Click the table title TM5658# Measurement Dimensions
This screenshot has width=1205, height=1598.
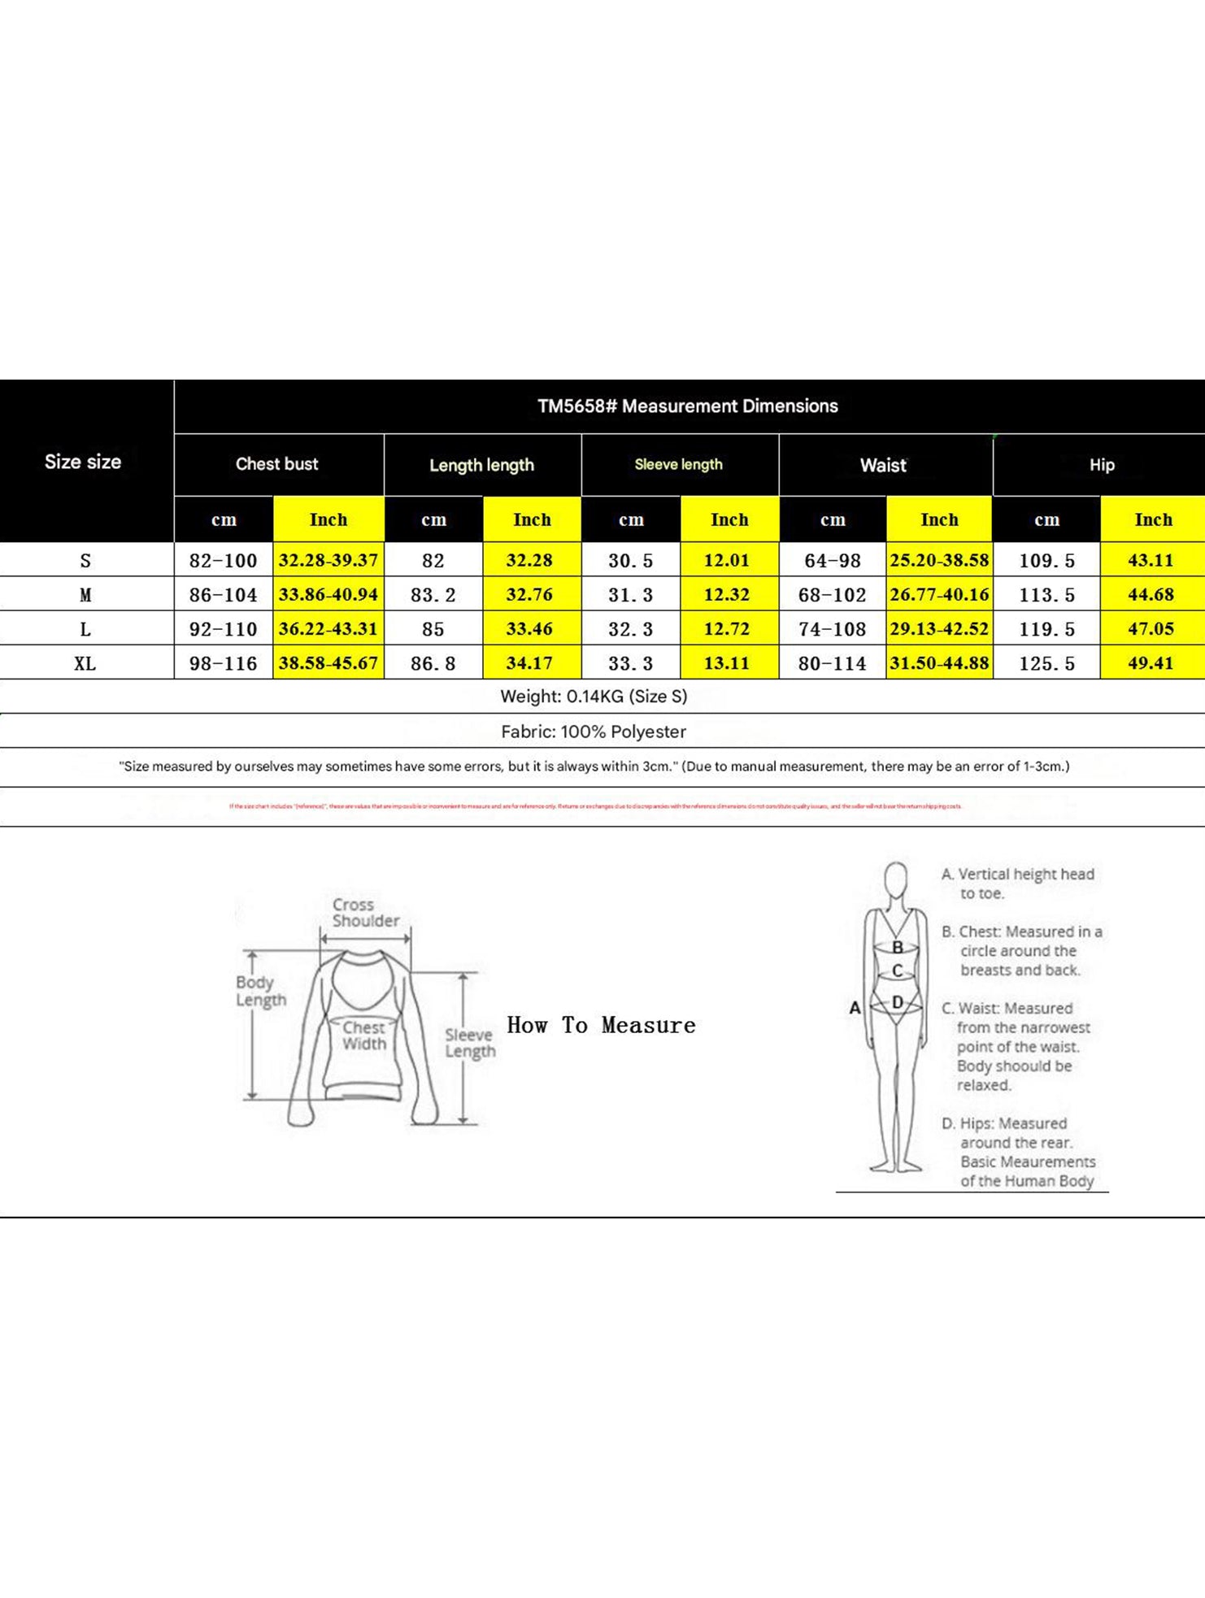[x=687, y=406]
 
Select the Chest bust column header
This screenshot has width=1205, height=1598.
[x=276, y=464]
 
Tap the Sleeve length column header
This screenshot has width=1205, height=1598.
[x=678, y=464]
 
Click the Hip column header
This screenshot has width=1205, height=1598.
[x=1102, y=465]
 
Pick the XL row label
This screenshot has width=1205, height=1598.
[x=85, y=663]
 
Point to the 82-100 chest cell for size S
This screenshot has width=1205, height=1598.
[x=223, y=561]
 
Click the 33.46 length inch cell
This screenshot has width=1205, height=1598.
[x=529, y=629]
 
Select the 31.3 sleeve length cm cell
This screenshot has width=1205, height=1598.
[x=630, y=595]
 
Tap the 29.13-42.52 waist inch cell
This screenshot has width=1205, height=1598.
[x=939, y=629]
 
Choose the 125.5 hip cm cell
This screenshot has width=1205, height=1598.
[x=1046, y=663]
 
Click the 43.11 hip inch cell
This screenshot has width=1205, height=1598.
[x=1151, y=561]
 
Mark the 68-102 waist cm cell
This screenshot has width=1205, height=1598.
[x=832, y=595]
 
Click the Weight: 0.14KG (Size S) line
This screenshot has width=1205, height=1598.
[x=594, y=697]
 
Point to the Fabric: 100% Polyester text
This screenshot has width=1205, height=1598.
[x=594, y=732]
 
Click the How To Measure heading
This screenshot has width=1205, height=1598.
[x=601, y=1025]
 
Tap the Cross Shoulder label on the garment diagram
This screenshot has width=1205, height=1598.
[x=365, y=913]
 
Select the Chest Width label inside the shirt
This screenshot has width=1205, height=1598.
[x=363, y=1036]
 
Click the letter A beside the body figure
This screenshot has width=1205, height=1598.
[x=855, y=1008]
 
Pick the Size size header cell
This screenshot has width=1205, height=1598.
[x=83, y=462]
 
